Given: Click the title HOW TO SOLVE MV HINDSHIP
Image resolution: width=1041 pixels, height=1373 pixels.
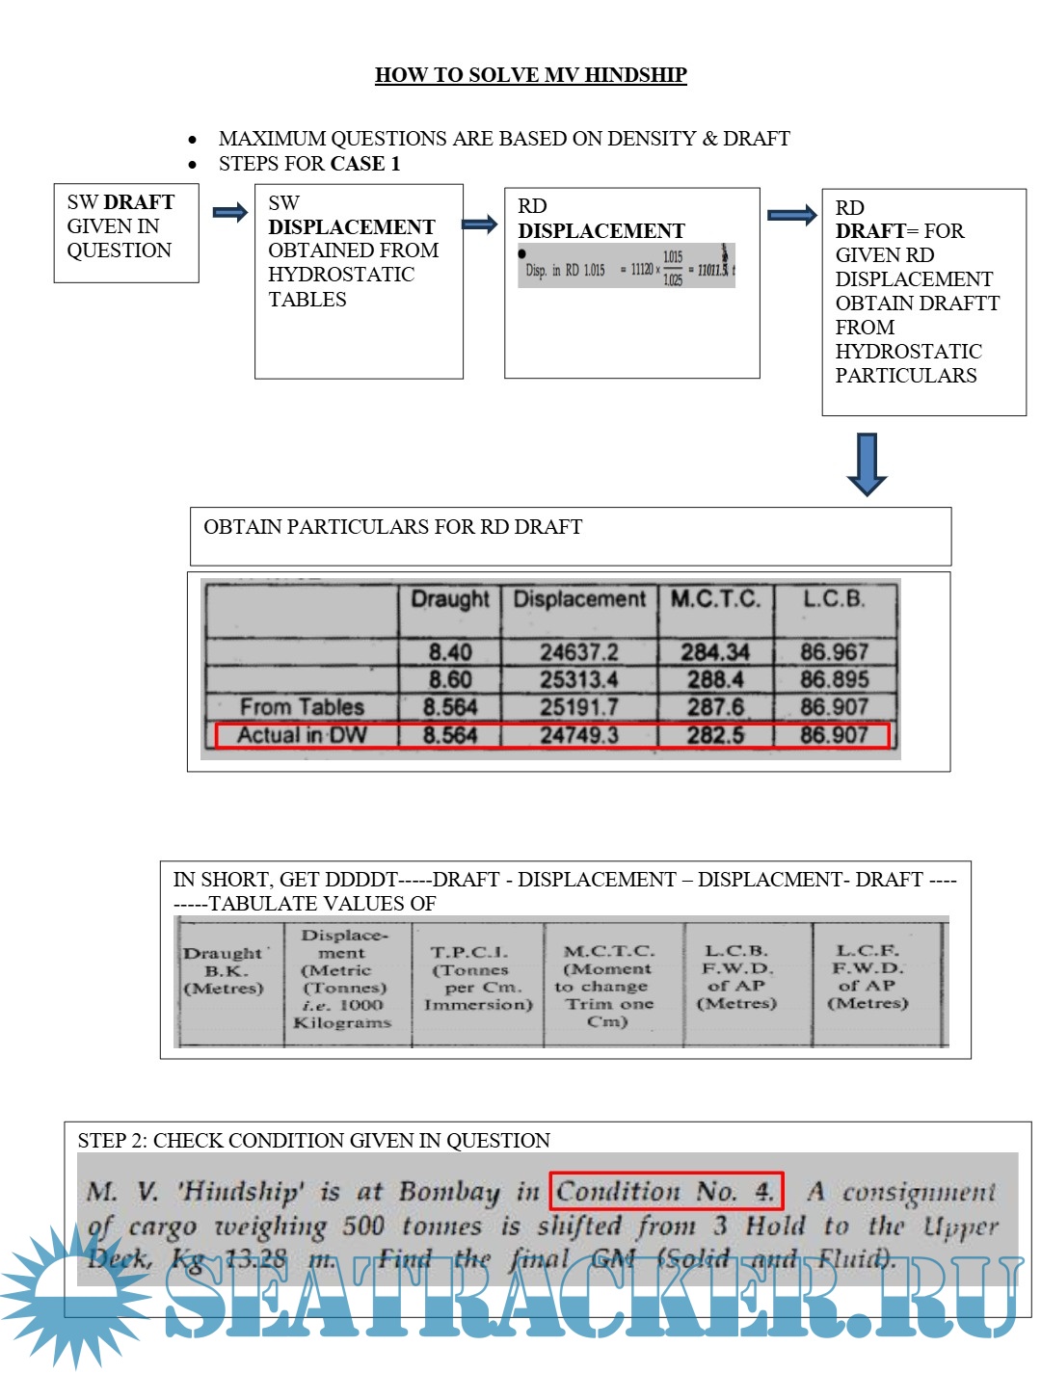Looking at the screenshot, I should tap(530, 75).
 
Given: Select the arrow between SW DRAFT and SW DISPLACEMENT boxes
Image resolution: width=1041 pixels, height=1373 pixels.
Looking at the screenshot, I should tap(229, 213).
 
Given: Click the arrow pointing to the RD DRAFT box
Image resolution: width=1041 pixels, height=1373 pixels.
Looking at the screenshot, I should tap(791, 215).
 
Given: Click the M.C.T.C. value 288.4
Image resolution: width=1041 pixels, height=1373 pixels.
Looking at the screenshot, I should tap(715, 679).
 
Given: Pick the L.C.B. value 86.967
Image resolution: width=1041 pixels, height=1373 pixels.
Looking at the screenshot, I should tap(835, 652).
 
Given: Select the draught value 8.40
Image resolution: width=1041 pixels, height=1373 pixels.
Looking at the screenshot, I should tap(450, 652).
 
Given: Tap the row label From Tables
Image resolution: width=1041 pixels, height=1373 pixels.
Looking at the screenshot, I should tap(302, 707).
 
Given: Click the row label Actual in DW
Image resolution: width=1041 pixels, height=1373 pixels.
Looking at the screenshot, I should tap(302, 735).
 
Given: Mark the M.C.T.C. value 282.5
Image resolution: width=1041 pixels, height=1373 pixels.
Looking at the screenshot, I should tap(715, 735).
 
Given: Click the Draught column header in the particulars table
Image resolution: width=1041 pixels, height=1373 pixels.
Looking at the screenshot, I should tap(450, 599).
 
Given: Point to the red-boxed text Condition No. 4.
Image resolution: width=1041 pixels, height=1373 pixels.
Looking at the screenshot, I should tap(666, 1191).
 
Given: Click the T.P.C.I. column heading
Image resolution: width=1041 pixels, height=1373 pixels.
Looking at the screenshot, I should tap(478, 978).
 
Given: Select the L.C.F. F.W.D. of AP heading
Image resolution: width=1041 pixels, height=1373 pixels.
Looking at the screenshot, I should tap(867, 976).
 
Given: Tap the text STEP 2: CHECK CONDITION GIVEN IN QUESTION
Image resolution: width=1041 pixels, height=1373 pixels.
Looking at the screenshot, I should tap(314, 1141).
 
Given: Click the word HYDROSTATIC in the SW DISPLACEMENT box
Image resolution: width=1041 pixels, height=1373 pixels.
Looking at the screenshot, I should tap(341, 275).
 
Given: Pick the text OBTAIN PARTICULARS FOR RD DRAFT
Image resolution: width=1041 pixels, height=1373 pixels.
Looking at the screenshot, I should tap(393, 527).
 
